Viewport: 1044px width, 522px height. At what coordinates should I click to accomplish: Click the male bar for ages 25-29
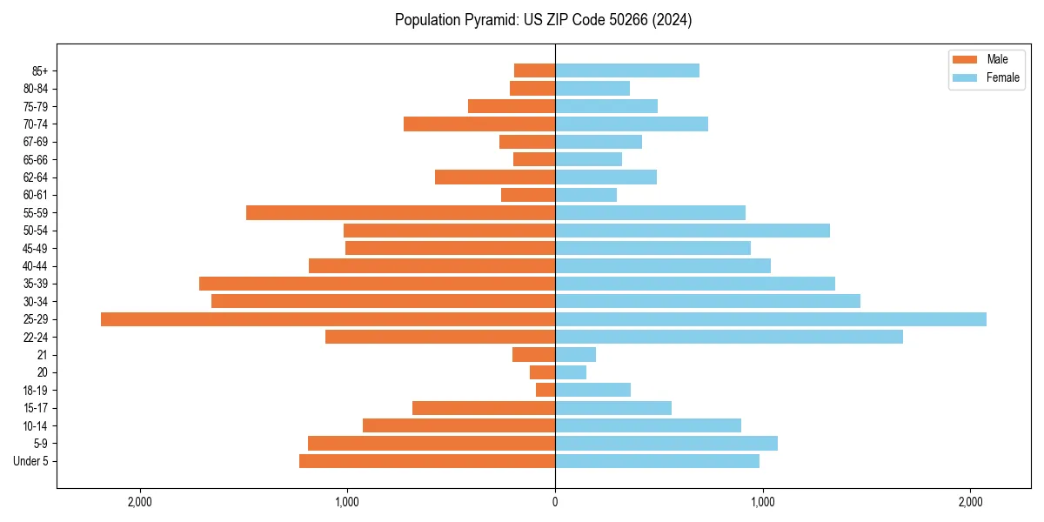click(328, 319)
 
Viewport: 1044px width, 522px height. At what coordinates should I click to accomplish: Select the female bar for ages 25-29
click(771, 319)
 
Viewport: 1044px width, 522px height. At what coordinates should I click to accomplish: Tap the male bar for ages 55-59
click(400, 213)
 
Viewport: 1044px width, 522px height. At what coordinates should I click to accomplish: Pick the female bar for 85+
click(627, 70)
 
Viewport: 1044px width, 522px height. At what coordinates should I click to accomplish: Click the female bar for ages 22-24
click(729, 337)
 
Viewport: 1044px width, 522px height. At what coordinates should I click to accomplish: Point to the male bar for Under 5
click(427, 461)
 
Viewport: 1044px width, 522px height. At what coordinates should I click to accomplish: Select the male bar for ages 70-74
click(479, 124)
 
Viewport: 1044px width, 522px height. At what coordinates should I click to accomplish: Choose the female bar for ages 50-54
click(693, 231)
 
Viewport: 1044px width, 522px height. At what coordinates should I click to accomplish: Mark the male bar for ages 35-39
click(377, 284)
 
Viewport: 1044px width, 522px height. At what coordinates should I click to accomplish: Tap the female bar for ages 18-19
click(592, 390)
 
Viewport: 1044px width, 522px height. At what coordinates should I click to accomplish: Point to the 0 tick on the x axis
click(555, 502)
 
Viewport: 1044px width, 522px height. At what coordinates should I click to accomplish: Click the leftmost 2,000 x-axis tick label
click(139, 502)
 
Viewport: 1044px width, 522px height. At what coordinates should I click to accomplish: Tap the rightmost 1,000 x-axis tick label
click(763, 502)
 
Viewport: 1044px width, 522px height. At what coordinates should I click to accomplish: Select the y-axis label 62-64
click(36, 177)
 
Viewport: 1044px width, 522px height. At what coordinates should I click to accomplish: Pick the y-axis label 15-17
click(36, 408)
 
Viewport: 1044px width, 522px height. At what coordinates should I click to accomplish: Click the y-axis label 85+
click(40, 70)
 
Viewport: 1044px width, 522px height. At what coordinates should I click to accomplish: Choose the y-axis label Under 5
click(31, 461)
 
